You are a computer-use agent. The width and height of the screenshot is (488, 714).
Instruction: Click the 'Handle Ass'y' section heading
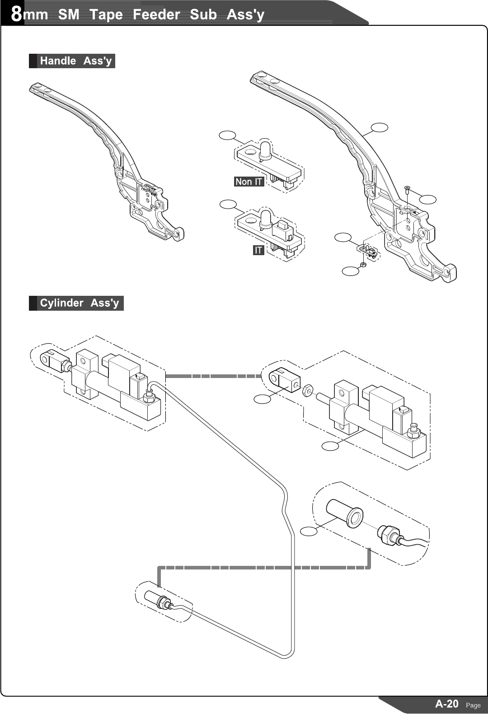tap(75, 61)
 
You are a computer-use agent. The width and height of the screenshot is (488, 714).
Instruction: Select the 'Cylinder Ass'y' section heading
tap(79, 303)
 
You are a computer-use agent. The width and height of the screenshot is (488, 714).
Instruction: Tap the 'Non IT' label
tap(249, 182)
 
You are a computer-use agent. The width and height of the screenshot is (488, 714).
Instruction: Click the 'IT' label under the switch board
tap(258, 250)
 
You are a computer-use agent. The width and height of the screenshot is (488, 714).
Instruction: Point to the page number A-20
tap(446, 704)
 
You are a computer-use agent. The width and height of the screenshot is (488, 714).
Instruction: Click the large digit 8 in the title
tap(16, 14)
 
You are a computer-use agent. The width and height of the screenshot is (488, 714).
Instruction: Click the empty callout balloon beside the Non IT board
tap(228, 135)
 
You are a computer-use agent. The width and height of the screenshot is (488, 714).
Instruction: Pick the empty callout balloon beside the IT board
tap(228, 204)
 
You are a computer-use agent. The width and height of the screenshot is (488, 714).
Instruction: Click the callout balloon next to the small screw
tap(428, 199)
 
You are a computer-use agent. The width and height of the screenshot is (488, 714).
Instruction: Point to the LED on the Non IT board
tap(265, 149)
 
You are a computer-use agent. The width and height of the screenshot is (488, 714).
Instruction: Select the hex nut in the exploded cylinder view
tap(307, 390)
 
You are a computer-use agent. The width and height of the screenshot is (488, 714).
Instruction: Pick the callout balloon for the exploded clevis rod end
tap(262, 399)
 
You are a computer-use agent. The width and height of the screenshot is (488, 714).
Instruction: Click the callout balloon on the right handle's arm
tap(380, 128)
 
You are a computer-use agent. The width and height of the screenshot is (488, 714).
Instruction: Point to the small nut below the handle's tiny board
tap(362, 264)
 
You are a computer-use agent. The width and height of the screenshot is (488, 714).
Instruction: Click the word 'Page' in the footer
tap(473, 705)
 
